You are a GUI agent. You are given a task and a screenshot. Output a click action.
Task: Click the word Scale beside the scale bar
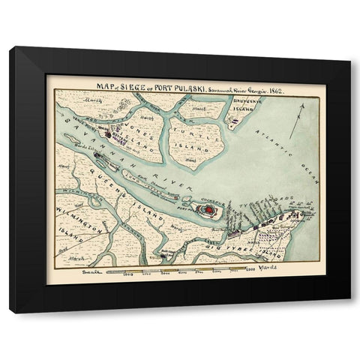91,273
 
